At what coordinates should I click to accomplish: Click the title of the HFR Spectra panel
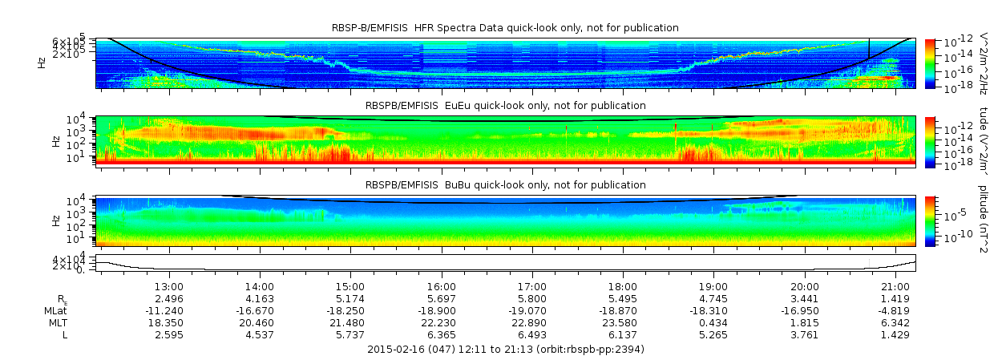(x=505, y=28)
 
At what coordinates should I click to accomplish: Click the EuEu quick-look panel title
(x=505, y=106)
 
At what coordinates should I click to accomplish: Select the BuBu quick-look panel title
(x=505, y=185)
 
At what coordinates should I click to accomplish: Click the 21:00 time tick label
(x=895, y=286)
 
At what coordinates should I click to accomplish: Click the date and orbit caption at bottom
(x=505, y=350)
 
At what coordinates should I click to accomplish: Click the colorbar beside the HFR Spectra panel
(x=929, y=63)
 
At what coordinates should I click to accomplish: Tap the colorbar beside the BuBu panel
(x=929, y=220)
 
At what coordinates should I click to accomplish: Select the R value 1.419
(x=895, y=298)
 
